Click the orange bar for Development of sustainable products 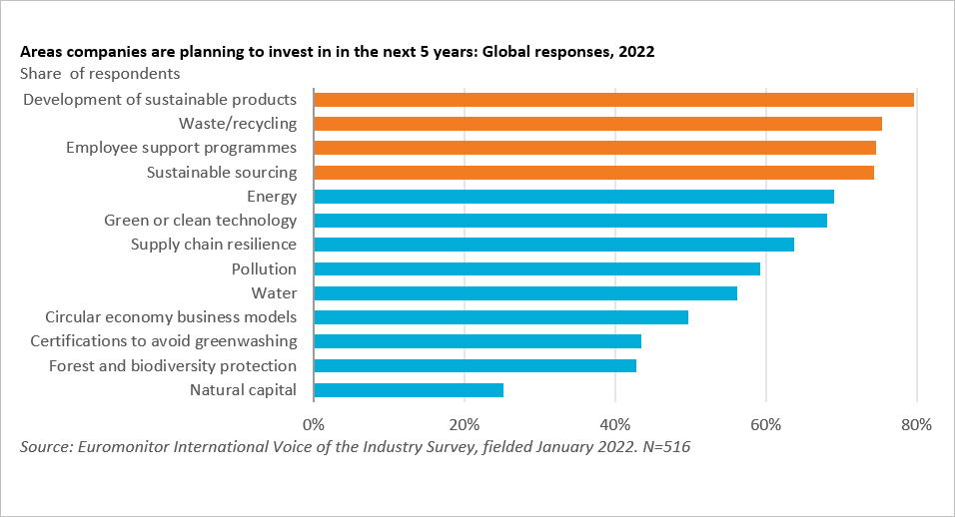(x=613, y=100)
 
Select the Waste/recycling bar (x=597, y=124)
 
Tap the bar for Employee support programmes (x=594, y=148)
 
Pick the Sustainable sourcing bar (x=593, y=172)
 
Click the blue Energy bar (x=573, y=197)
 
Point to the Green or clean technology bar (x=570, y=221)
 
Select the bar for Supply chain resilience (x=553, y=245)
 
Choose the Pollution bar (x=536, y=268)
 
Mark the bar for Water (x=525, y=293)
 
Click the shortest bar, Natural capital (x=409, y=390)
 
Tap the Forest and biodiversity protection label (x=173, y=365)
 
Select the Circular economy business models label (x=171, y=317)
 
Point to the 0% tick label (x=314, y=424)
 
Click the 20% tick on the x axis (x=465, y=424)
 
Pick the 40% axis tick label (x=615, y=424)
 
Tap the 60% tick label (x=766, y=424)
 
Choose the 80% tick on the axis (x=916, y=424)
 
